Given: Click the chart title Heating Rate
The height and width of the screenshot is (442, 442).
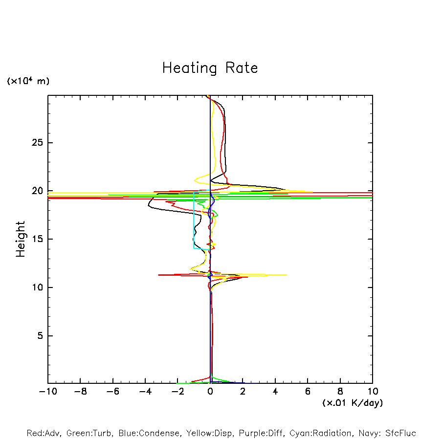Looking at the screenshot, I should click(210, 68).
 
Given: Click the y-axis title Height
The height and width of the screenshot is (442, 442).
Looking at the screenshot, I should click(21, 239).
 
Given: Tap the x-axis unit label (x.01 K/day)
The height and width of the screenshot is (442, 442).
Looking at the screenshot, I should click(352, 403).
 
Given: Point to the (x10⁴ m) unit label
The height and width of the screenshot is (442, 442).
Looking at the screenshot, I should click(28, 81).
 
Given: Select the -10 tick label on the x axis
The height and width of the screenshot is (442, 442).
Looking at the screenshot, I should click(47, 392).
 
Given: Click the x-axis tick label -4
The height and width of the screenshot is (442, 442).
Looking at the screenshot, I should click(145, 392).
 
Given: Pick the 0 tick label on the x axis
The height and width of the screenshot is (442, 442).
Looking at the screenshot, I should click(210, 392).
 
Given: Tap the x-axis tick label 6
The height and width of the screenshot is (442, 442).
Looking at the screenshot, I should click(308, 392).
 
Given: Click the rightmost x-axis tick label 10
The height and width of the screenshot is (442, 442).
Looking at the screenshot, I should click(372, 392).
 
